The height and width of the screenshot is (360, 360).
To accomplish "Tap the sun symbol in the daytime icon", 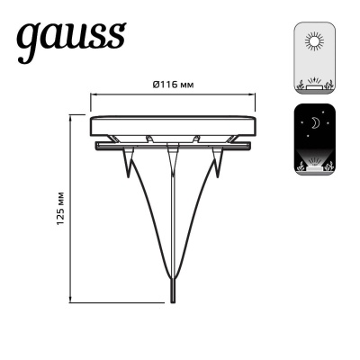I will coord(315,42).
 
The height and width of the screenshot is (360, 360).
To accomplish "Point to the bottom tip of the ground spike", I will coord(171,304).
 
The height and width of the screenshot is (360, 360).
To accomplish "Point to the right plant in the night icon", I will coord(332,163).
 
